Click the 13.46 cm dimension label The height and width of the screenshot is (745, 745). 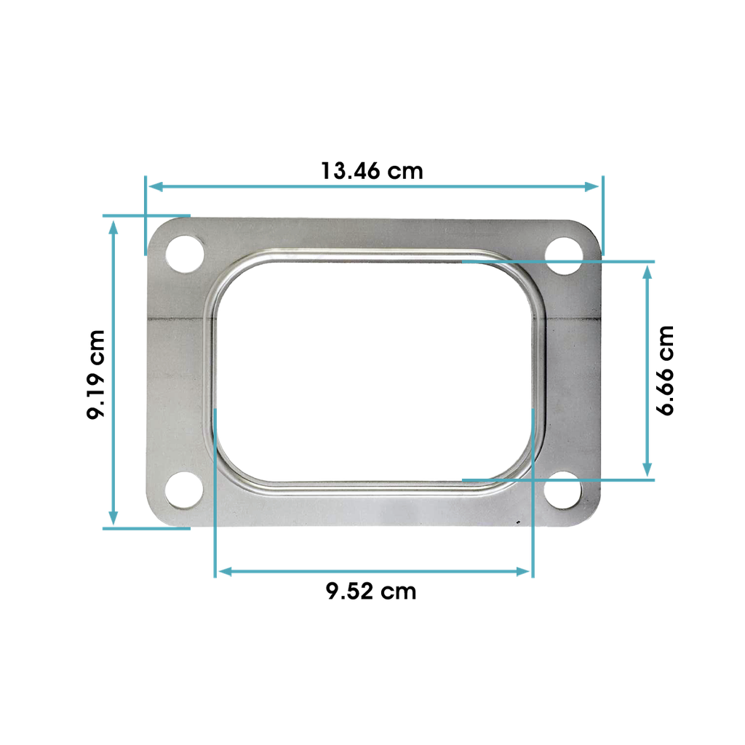[x=372, y=171]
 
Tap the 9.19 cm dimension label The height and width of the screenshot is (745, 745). [x=95, y=375]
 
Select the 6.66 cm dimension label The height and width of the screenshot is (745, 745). [x=665, y=370]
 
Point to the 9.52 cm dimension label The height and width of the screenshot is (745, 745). [x=371, y=591]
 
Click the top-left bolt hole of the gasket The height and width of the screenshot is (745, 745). [x=185, y=254]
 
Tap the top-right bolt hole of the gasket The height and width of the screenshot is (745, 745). [x=564, y=256]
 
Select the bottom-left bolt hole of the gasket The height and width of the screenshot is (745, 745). [x=184, y=490]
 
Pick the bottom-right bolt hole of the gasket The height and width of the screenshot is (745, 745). [x=562, y=490]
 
